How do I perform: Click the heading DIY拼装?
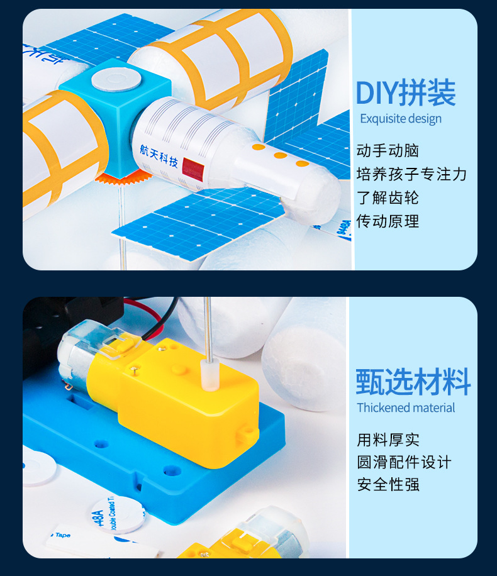click(406, 94)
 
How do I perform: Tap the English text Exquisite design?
click(401, 119)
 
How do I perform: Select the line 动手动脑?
click(388, 151)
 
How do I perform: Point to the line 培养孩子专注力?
click(411, 174)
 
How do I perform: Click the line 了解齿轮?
click(388, 197)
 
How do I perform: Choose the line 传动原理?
click(388, 221)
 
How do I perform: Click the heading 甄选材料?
click(413, 382)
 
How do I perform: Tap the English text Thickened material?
click(406, 408)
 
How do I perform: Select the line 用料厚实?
click(388, 440)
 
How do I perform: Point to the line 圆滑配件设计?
click(404, 462)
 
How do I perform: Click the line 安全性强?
click(388, 485)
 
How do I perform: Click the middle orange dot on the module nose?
click(280, 155)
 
